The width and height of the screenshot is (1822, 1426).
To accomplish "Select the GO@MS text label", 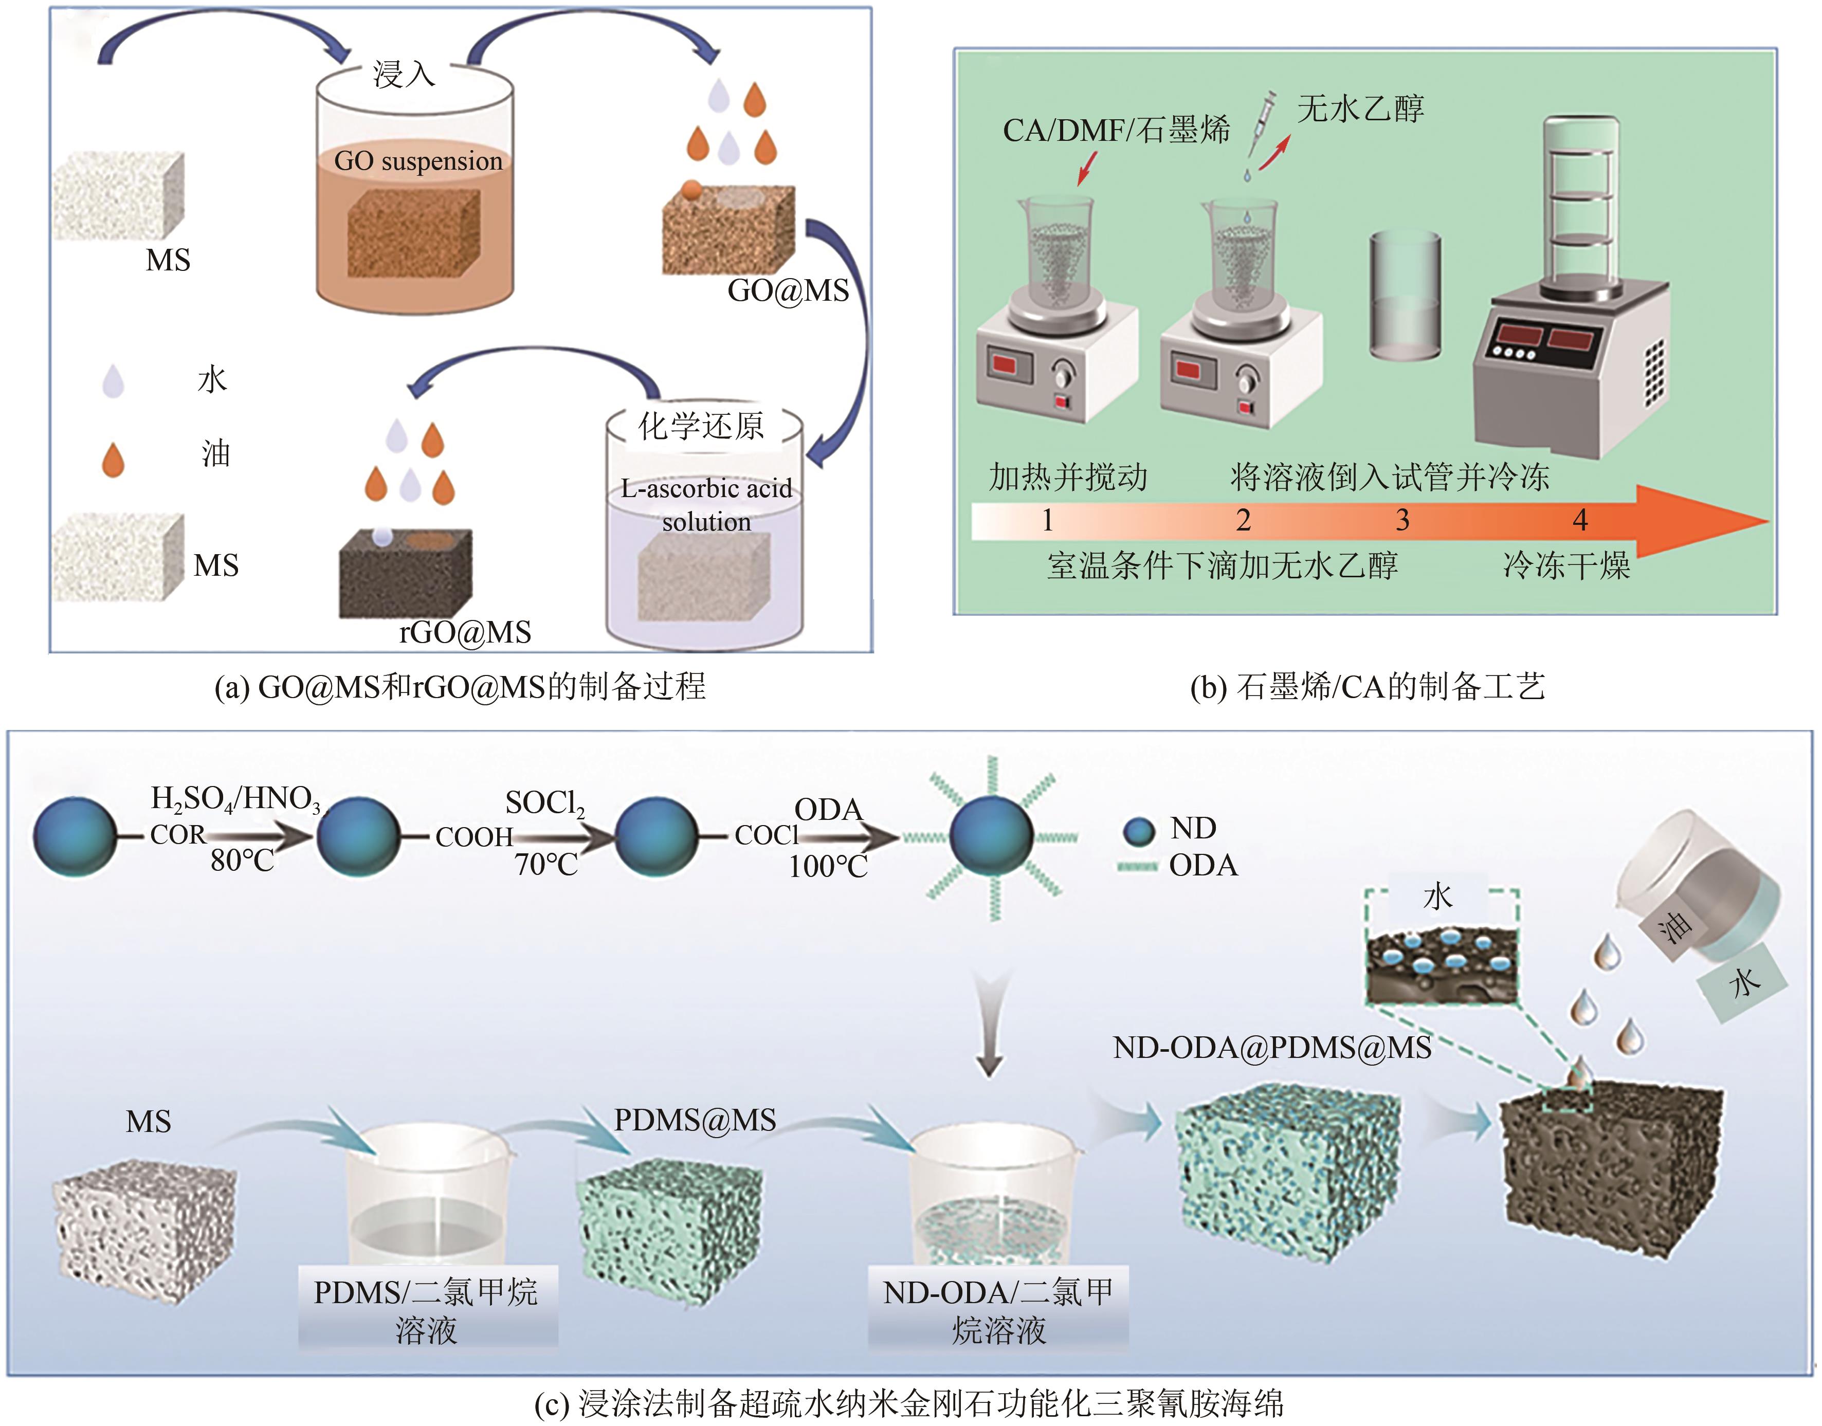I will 788,290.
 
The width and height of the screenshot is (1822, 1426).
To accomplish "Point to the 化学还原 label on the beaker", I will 701,426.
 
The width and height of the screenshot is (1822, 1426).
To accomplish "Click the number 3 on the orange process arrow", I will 1403,520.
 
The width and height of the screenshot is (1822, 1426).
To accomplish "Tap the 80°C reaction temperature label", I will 242,860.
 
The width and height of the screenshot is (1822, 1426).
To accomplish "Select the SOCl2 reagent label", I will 544,803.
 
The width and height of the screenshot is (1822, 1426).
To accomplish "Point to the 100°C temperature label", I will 828,867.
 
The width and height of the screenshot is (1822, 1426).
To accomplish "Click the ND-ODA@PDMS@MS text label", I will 1272,1047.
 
